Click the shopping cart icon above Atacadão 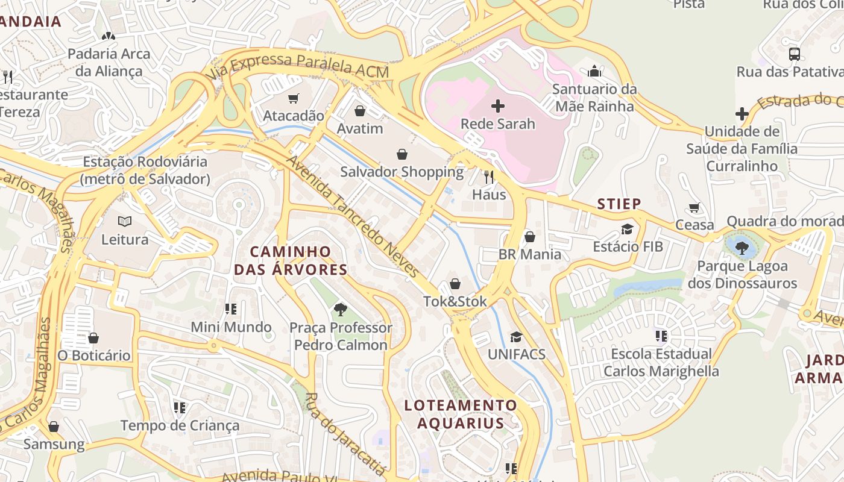tap(294, 98)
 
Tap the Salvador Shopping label tap(402, 172)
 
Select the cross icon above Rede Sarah tap(498, 107)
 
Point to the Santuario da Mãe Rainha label tap(594, 98)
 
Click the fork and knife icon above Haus tap(489, 177)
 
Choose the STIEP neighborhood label tap(619, 204)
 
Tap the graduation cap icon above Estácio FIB tap(628, 229)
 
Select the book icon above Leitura tap(125, 222)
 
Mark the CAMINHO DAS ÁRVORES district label tap(291, 260)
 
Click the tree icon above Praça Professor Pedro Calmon tap(341, 310)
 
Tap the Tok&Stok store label tap(455, 301)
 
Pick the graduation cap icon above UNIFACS tap(516, 337)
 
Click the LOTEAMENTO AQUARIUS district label tap(461, 414)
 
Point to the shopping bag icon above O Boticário tap(93, 338)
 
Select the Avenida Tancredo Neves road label tap(352, 216)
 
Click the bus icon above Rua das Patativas tap(795, 54)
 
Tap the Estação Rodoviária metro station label tap(145, 171)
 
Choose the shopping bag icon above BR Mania tap(530, 237)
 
